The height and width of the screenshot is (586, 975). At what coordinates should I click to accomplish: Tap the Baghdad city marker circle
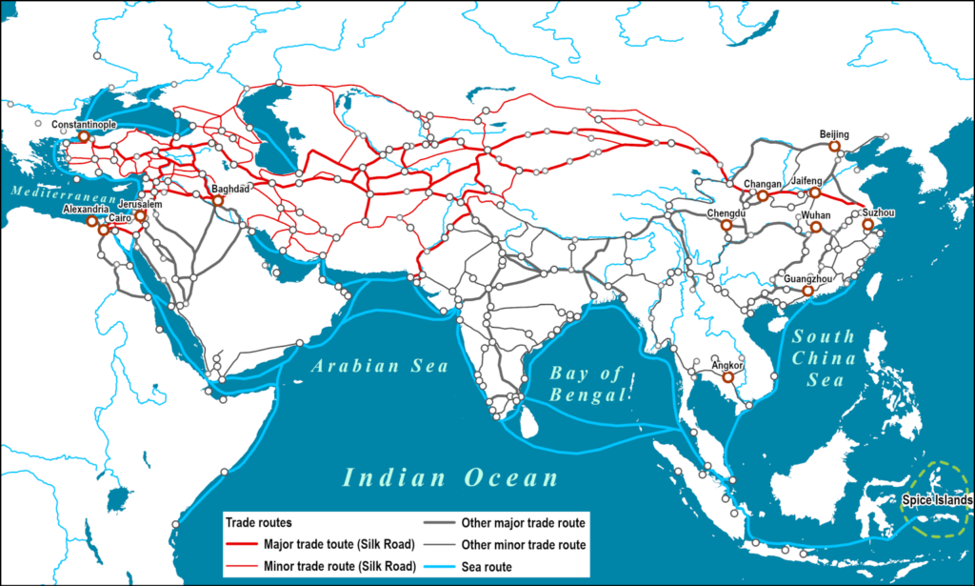pos(218,201)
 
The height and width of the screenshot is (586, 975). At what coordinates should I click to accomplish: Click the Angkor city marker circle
pos(728,377)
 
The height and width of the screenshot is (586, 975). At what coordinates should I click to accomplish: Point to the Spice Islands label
pos(938,500)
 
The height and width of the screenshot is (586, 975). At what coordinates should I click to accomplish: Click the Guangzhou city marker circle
pos(807,291)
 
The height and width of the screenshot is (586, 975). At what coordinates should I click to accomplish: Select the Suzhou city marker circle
pos(867,225)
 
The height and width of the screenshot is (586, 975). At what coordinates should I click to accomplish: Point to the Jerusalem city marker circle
pos(140,216)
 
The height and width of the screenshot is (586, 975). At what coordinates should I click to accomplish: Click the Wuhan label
pos(816,216)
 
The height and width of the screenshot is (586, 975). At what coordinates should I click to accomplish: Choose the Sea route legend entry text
pos(491,567)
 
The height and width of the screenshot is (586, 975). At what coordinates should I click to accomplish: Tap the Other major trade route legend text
pos(523,523)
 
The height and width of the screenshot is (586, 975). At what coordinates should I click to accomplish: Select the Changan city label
pos(762,184)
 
